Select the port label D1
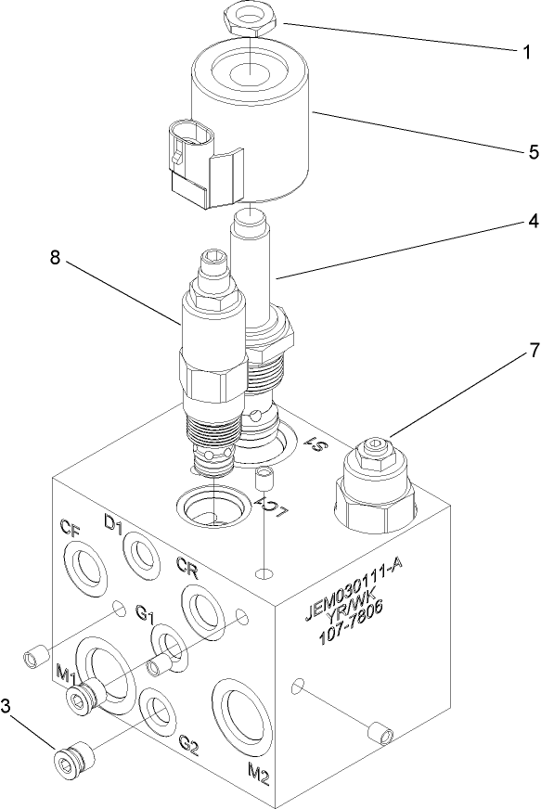(x=113, y=526)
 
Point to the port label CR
(x=187, y=565)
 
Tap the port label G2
(x=189, y=744)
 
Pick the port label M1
(x=65, y=672)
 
